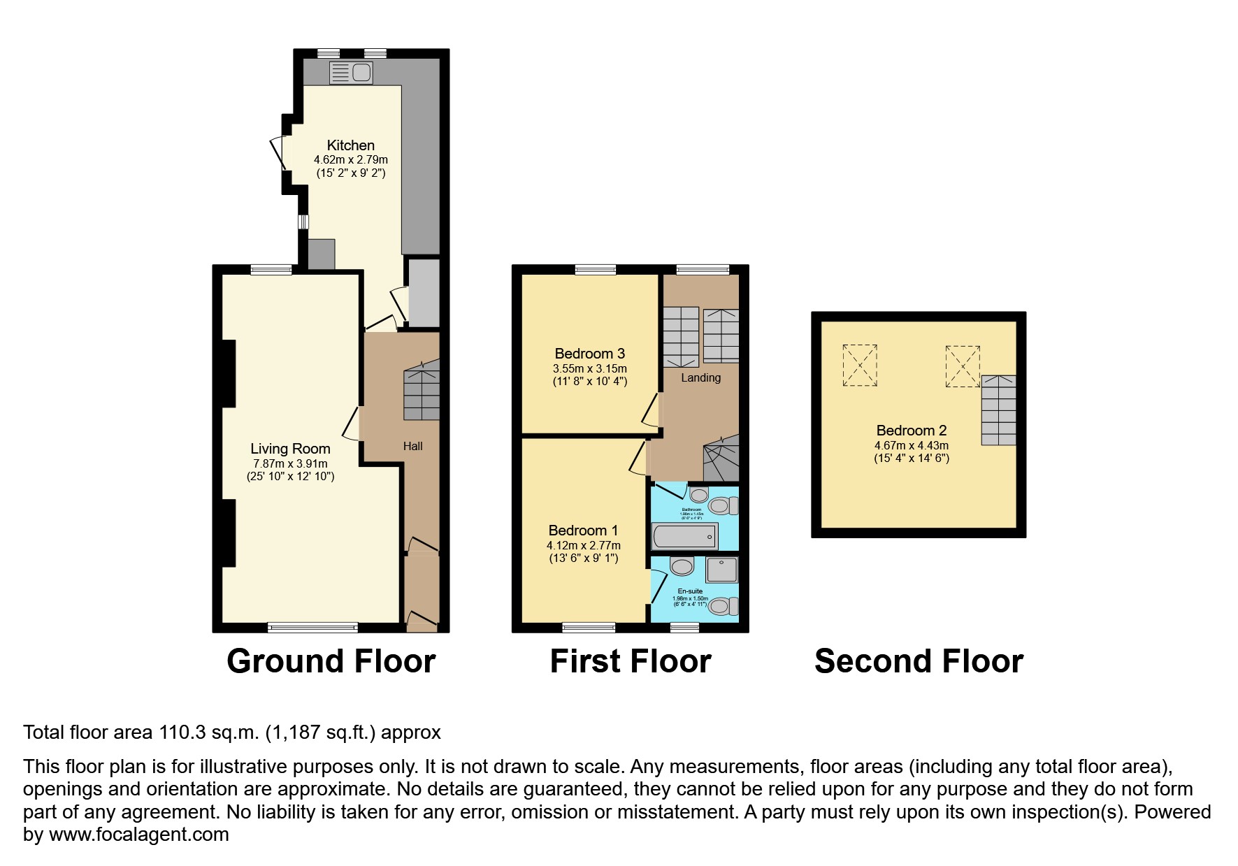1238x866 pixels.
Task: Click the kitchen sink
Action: click(x=352, y=73)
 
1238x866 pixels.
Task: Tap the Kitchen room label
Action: click(x=351, y=145)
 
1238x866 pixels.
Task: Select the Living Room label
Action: click(x=290, y=449)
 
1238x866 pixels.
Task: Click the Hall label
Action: click(x=412, y=446)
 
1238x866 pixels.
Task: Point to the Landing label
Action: click(x=700, y=377)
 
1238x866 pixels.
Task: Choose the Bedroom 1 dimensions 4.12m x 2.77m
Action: click(x=583, y=545)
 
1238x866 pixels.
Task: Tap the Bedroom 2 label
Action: click(x=912, y=431)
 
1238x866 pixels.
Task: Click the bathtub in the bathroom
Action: click(x=684, y=537)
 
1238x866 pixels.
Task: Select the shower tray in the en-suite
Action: click(x=722, y=570)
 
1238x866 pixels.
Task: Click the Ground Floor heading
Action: click(x=331, y=661)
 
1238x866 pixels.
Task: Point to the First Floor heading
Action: click(x=630, y=661)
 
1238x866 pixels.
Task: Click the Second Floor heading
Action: click(x=919, y=661)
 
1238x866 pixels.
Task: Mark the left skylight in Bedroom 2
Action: click(x=860, y=365)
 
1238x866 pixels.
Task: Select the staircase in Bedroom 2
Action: click(x=998, y=410)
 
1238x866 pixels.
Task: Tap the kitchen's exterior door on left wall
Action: click(x=278, y=153)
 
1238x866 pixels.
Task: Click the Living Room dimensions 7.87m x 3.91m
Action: click(x=290, y=463)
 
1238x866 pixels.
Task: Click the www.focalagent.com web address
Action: click(x=138, y=835)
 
